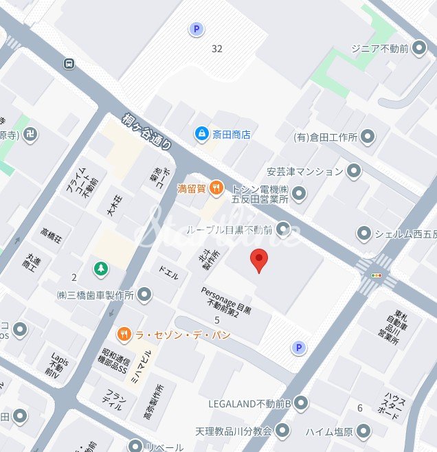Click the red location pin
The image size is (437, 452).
pos(259,260)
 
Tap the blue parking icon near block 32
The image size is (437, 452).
pos(197,29)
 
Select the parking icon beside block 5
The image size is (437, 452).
pos(298,348)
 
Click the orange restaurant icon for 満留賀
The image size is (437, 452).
pos(216,187)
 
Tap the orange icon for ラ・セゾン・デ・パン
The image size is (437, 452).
pos(124,335)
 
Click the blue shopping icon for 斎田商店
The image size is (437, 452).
pos(201,133)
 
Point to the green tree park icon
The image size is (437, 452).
pos(101,268)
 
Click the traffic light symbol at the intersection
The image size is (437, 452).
pos(376,275)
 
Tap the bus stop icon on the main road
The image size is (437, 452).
pos(69,64)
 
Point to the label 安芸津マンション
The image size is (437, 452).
pos(304,171)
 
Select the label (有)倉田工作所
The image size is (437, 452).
pos(326,137)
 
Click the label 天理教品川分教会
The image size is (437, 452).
pos(233,431)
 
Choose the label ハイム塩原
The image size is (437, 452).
pos(330,431)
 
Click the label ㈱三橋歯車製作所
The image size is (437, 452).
pos(95,295)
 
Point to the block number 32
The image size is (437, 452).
pos(218,49)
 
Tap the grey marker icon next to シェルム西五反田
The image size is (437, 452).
pos(363,234)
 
